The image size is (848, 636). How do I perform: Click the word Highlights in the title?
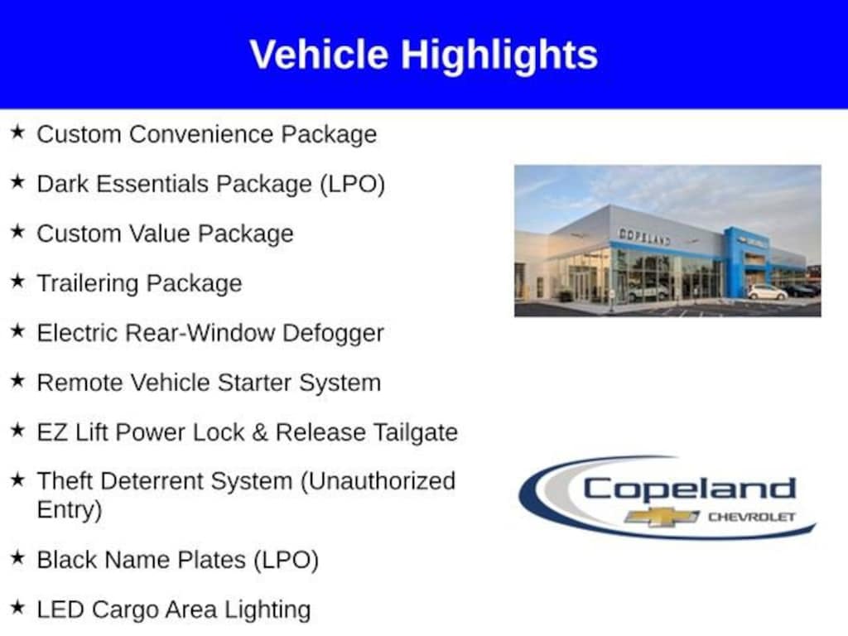[x=499, y=56]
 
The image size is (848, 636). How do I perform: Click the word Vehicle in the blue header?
[x=319, y=55]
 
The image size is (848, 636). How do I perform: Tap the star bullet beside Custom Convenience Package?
[x=17, y=132]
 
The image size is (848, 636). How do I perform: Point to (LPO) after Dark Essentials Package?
[x=352, y=185]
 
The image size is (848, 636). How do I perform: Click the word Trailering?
[x=88, y=284]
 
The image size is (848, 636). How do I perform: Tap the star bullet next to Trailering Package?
[x=17, y=281]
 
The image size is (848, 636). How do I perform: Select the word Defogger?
[x=333, y=334]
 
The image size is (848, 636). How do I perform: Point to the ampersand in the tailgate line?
[x=259, y=432]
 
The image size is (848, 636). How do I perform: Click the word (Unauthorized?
[x=378, y=481]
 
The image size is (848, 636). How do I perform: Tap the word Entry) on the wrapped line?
[x=70, y=510]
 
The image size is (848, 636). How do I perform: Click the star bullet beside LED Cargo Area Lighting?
[x=17, y=607]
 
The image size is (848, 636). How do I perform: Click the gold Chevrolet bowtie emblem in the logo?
[x=662, y=517]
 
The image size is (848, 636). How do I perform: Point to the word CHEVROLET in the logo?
[x=752, y=518]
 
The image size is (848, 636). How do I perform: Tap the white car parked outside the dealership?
[x=768, y=292]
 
